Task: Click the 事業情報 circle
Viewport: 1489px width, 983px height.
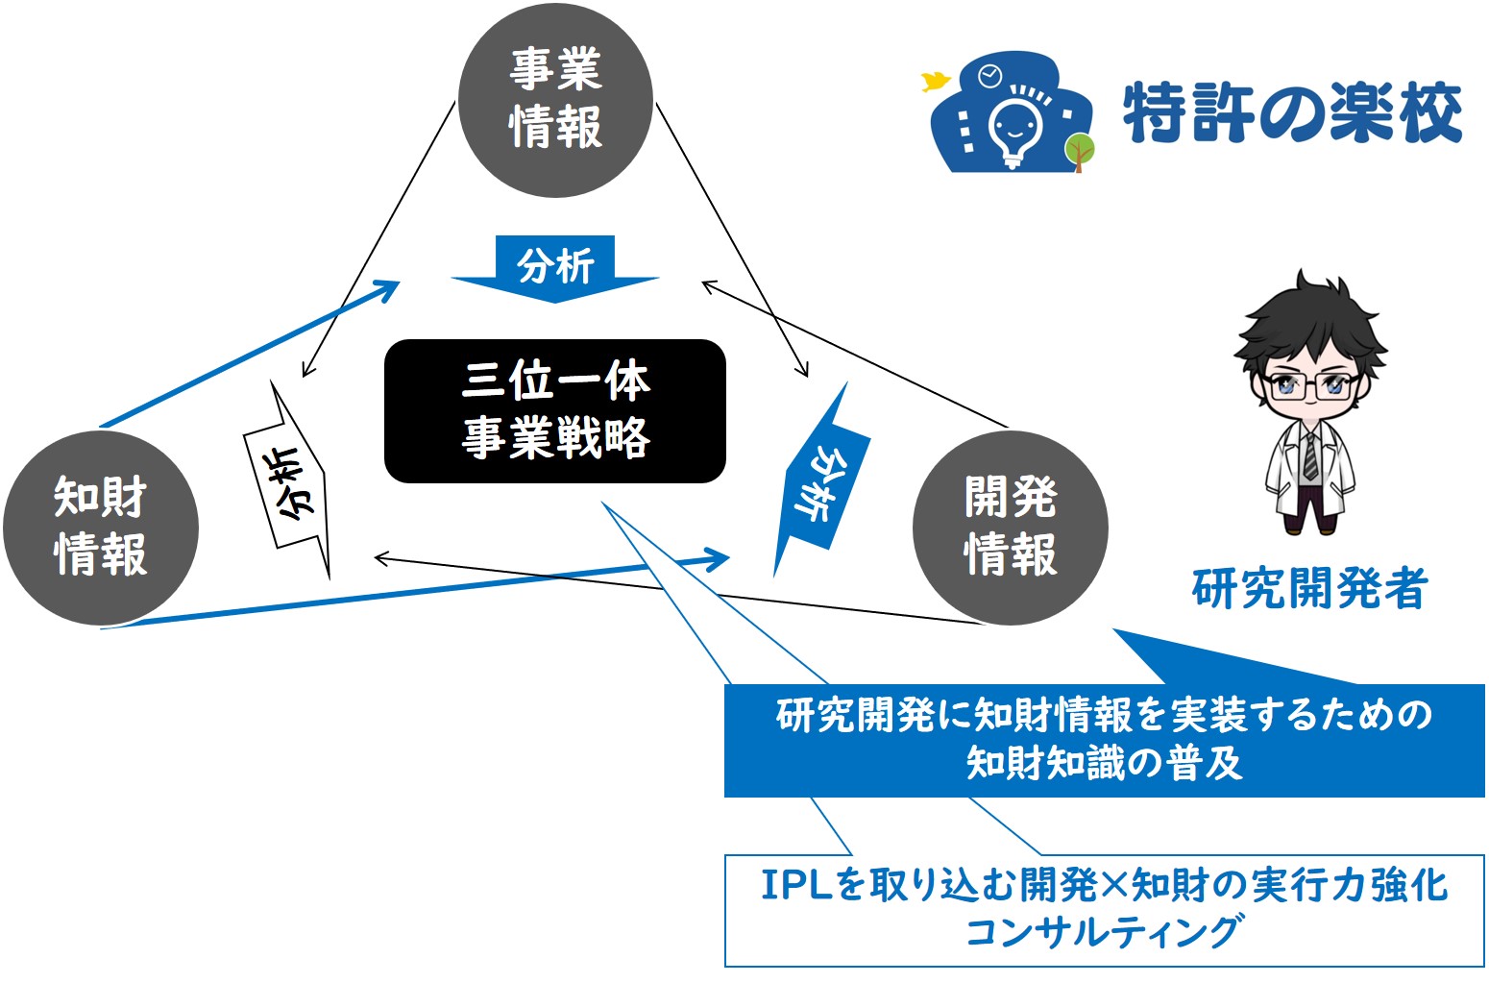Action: pos(555,100)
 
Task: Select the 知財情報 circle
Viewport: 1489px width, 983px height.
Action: pos(101,528)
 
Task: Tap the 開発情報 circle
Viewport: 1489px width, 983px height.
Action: pos(1011,528)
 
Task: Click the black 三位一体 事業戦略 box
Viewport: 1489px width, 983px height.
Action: pos(555,411)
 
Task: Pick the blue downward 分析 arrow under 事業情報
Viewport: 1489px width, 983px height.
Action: pos(555,269)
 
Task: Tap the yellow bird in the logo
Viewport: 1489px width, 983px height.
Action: pos(936,82)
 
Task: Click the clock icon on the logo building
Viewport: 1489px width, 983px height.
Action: pos(989,76)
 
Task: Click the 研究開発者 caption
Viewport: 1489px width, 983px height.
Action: pos(1309,589)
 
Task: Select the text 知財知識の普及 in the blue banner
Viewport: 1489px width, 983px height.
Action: pos(1104,763)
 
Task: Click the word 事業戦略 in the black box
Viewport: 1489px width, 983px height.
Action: pos(555,437)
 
